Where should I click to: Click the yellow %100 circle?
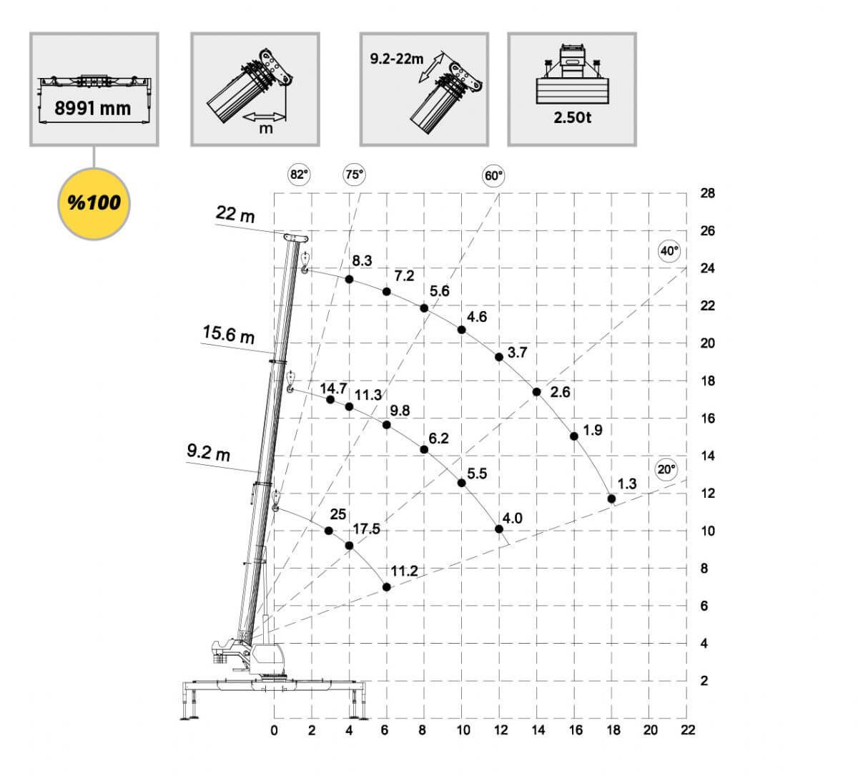click(x=94, y=204)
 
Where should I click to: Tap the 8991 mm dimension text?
click(x=93, y=108)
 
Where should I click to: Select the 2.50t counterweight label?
click(x=572, y=117)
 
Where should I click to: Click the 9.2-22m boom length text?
click(x=397, y=59)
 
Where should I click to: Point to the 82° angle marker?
click(x=299, y=175)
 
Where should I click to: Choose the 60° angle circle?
click(x=493, y=176)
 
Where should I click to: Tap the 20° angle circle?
click(x=666, y=470)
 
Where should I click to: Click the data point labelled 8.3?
click(x=349, y=280)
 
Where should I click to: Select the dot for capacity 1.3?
click(x=611, y=498)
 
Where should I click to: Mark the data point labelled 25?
click(x=328, y=531)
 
